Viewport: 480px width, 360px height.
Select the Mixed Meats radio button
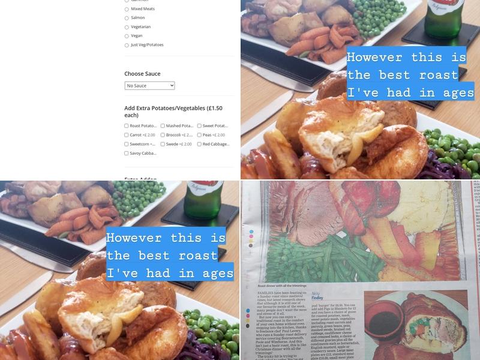point(127,9)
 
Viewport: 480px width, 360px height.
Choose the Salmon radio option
point(127,18)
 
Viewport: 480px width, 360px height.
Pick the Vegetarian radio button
point(127,27)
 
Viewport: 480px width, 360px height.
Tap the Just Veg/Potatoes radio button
point(127,45)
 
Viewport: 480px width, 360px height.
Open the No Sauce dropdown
point(149,86)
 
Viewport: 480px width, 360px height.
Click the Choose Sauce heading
point(142,74)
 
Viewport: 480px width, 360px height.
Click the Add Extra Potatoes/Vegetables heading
point(173,112)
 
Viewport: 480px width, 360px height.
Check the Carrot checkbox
point(127,135)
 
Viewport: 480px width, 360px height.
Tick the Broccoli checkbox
point(163,135)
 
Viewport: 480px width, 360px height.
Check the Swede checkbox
point(163,144)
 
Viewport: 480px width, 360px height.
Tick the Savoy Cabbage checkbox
point(127,153)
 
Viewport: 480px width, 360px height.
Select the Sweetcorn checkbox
point(127,144)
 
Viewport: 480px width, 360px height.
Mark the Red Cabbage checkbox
point(199,144)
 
